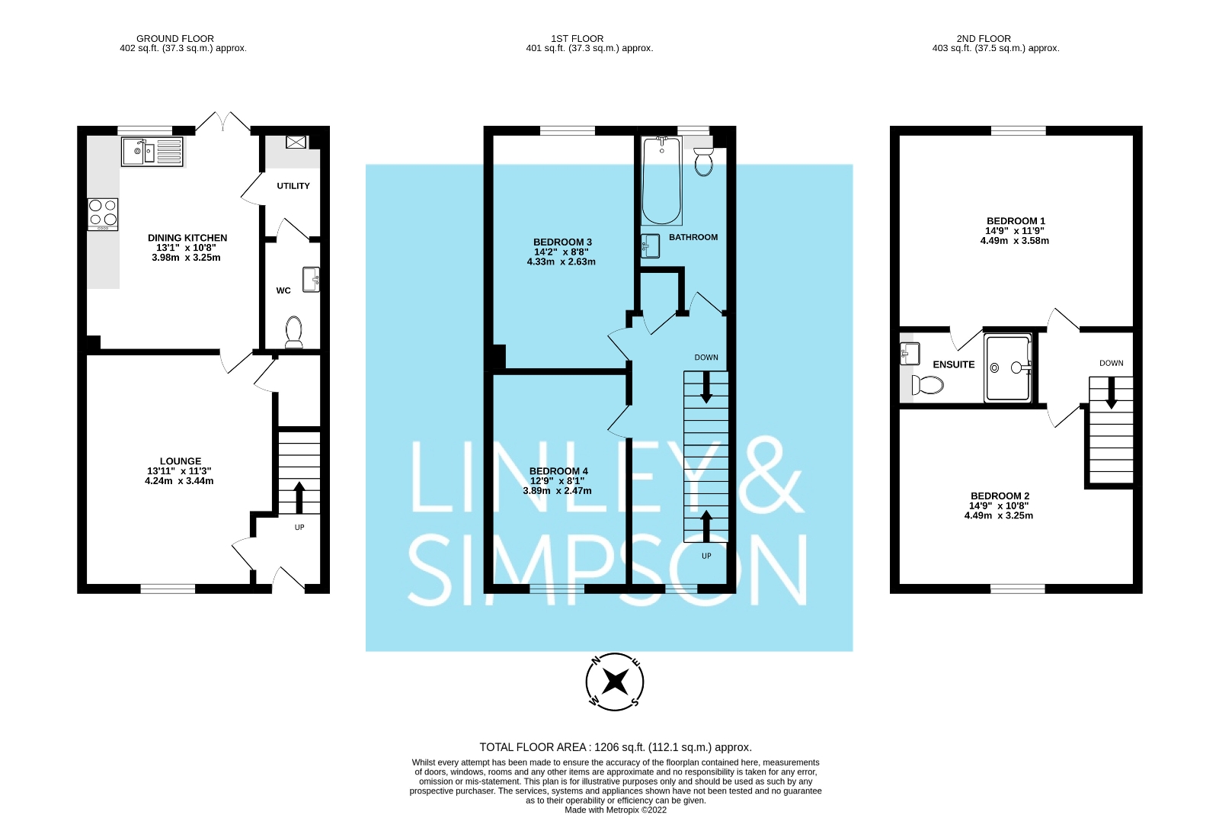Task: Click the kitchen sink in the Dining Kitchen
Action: tap(152, 151)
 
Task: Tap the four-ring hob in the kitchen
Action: tap(103, 213)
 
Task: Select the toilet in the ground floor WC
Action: tap(294, 332)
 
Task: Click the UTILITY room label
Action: tap(293, 186)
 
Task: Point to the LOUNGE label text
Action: tap(181, 461)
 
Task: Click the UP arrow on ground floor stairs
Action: tap(299, 497)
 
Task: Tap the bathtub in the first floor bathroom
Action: tap(661, 181)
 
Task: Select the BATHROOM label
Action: tap(693, 237)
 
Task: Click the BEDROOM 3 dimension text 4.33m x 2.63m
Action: tap(562, 262)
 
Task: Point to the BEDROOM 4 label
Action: tap(558, 471)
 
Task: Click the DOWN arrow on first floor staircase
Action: tap(706, 387)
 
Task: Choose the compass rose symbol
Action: tap(615, 681)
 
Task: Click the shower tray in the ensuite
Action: tap(1008, 368)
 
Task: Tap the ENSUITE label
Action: tap(953, 364)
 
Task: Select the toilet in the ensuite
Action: tap(927, 384)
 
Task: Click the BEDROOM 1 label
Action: tap(1016, 221)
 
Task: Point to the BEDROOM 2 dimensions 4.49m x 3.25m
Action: tap(998, 515)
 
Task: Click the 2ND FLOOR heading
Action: tap(984, 38)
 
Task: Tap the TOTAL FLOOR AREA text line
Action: tap(615, 747)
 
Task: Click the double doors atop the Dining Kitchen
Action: tap(222, 122)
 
